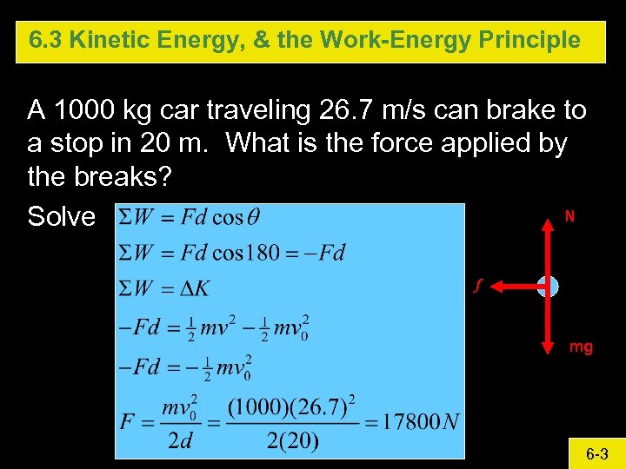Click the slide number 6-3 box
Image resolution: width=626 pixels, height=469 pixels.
coord(596,454)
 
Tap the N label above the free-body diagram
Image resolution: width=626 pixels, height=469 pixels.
coord(569,216)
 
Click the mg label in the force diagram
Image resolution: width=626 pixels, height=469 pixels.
coord(581,347)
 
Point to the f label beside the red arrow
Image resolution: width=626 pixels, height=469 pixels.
coord(476,284)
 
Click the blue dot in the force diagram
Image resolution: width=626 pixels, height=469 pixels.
coord(548,287)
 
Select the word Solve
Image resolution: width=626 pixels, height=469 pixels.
coord(61,216)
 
